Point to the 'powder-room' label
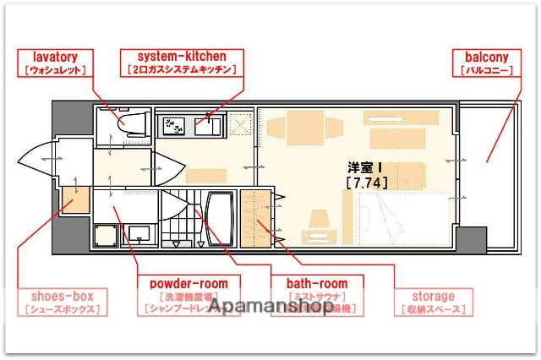point(194,283)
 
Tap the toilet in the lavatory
point(130,124)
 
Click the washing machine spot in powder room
point(108,232)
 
